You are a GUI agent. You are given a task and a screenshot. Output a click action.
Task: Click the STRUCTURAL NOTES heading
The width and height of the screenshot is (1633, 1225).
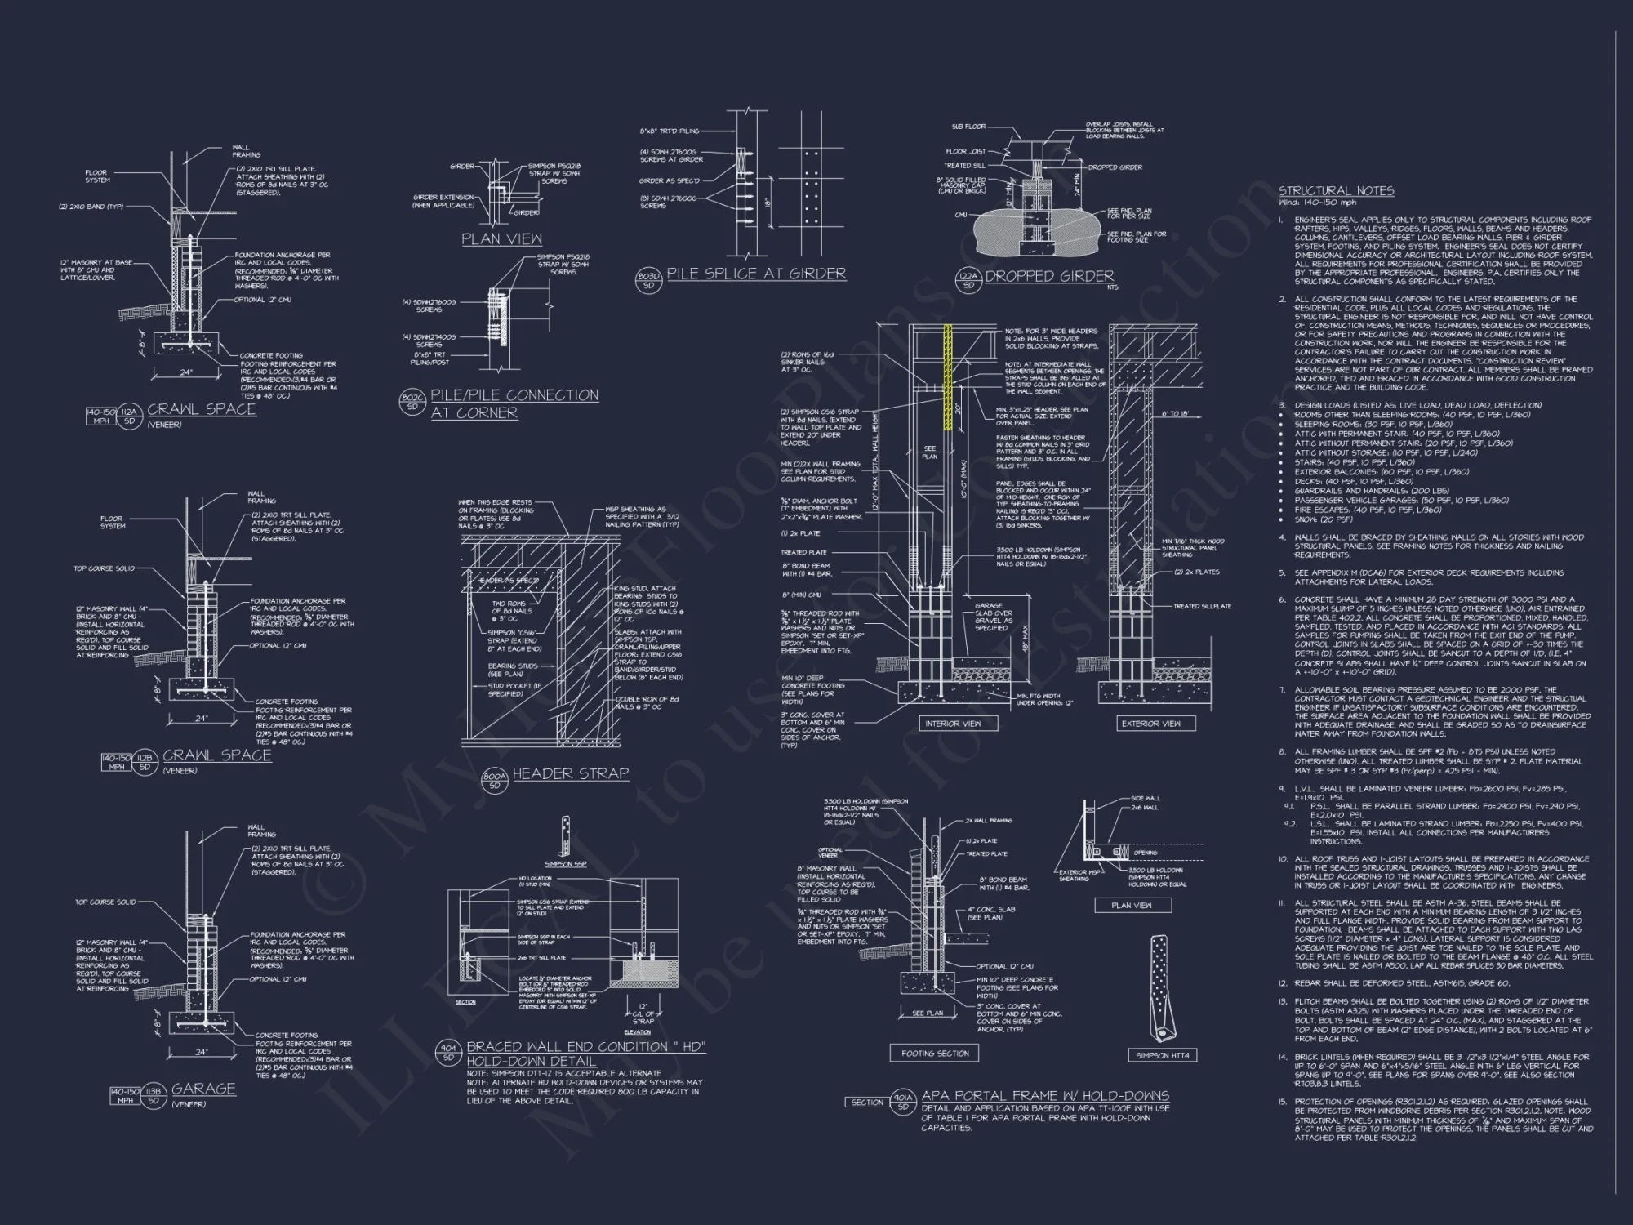coord(1336,191)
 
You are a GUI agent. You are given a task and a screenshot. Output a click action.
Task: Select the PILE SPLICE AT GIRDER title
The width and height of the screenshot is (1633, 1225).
coord(756,274)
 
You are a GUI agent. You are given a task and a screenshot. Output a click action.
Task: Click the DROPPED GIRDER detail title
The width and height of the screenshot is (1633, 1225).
coord(1049,276)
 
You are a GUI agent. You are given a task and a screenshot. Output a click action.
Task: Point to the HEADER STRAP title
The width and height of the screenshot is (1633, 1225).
coord(570,773)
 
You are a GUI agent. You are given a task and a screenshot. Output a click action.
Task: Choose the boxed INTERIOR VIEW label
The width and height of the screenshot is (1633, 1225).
coord(953,724)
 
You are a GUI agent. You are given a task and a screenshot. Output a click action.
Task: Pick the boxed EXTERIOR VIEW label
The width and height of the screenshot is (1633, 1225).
coord(1150,724)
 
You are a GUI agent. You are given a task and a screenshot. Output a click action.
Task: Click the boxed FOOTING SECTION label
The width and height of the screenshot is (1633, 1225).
coord(934,1053)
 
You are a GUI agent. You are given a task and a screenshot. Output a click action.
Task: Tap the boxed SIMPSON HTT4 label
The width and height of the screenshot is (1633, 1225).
coord(1162,1055)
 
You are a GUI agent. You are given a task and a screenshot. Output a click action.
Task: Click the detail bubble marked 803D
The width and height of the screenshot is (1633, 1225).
coord(648,280)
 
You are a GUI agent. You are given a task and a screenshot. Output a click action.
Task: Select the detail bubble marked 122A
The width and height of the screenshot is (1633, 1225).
coord(968,282)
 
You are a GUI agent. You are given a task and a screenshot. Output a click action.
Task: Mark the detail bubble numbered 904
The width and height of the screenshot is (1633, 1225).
coord(448,1053)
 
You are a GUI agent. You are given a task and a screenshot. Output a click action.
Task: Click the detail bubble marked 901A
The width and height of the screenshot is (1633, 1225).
coord(902,1102)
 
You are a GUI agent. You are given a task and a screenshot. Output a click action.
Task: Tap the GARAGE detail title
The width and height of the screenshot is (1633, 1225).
coord(203,1089)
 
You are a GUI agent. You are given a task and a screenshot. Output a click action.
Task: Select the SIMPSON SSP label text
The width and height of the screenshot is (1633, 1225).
coord(565,864)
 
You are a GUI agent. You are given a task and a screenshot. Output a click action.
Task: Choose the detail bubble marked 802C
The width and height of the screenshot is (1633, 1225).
coord(412,402)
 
